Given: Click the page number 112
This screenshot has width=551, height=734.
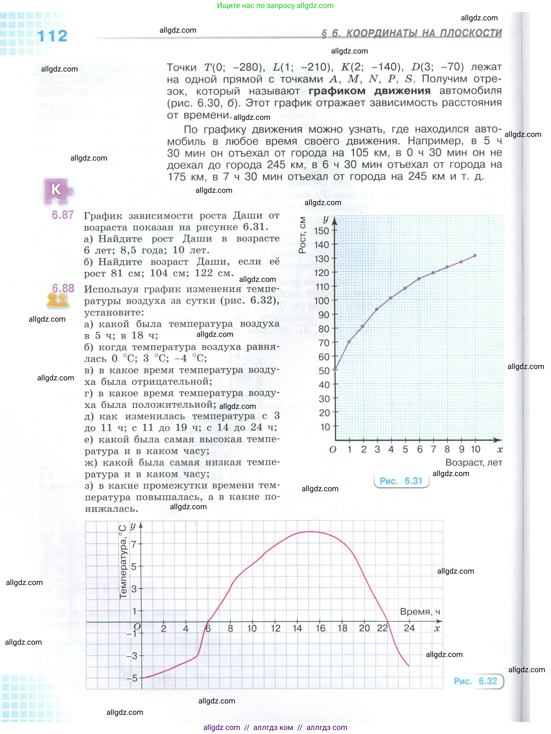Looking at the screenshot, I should [x=52, y=36].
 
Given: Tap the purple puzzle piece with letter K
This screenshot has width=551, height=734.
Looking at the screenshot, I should [x=57, y=191].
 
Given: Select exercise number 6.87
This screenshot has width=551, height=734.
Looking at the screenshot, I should [x=63, y=215].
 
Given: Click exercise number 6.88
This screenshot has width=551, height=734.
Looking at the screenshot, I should [x=63, y=288].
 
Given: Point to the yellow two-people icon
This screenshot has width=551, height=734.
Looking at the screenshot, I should [x=57, y=301].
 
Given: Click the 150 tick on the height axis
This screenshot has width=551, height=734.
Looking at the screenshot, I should [x=322, y=231].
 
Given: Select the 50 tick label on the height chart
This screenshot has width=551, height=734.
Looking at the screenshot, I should [x=324, y=371].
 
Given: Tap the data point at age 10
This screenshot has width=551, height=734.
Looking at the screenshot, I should [x=475, y=256].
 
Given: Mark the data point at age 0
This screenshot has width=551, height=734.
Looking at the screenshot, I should [x=335, y=369].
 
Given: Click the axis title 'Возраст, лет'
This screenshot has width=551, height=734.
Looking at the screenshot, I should [x=474, y=462].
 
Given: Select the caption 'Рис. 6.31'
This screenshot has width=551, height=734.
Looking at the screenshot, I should [x=401, y=481].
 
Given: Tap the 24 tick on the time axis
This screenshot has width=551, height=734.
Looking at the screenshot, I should [x=409, y=628].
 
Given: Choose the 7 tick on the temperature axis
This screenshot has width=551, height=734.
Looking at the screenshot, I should [x=134, y=544].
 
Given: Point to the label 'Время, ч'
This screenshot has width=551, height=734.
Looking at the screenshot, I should [x=420, y=612].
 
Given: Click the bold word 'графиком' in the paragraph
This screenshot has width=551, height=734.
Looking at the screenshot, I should [x=337, y=91].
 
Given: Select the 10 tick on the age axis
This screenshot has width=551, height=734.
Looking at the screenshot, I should [x=475, y=449].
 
